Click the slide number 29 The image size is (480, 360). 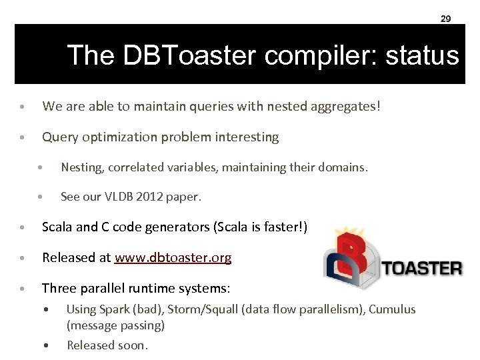(445, 19)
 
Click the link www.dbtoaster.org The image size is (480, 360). (173, 258)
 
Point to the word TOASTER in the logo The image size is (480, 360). (421, 269)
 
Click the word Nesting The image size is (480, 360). (81, 167)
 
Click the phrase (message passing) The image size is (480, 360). (115, 325)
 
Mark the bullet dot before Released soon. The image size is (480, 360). (45, 345)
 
